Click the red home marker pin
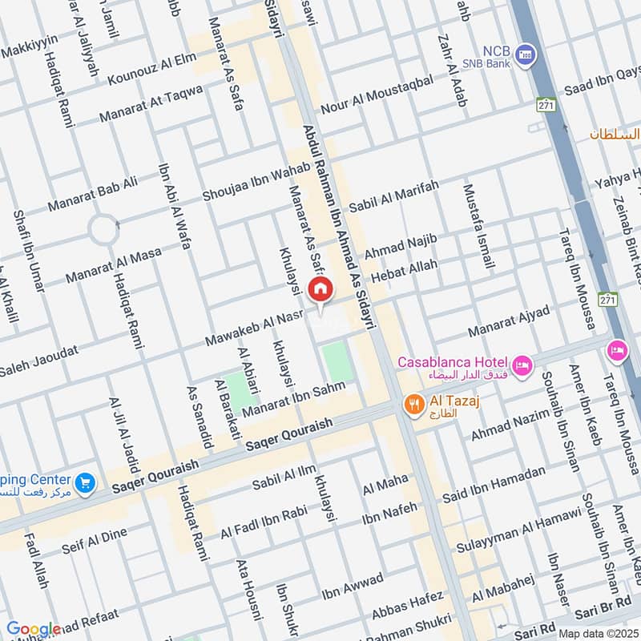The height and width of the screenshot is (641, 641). pos(320,289)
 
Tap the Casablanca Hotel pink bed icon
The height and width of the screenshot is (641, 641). pos(522,366)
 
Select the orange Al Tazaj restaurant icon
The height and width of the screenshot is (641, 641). pos(413,405)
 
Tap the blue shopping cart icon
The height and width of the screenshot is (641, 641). pos(85,483)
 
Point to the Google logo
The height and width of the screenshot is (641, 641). pos(34,629)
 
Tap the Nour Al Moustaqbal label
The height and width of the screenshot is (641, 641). pos(377,94)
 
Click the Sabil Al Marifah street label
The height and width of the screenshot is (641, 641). pos(394,196)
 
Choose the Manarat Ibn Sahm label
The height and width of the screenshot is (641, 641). pos(293,398)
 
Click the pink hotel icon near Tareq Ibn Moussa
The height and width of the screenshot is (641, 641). pos(618,349)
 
